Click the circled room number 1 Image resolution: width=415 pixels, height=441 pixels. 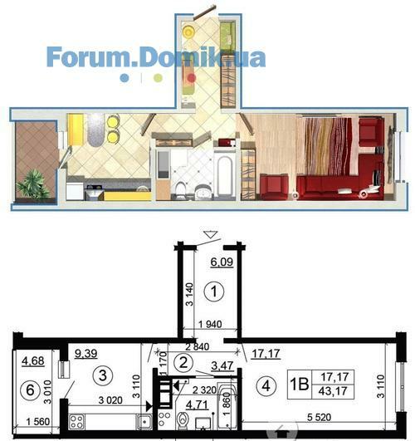pos(214,292)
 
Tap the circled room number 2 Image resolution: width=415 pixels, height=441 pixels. pos(183,362)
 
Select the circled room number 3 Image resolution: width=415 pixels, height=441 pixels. pos(103,375)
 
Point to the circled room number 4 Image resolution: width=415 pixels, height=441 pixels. pos(266,386)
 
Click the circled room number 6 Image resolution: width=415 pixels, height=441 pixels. pos(30,390)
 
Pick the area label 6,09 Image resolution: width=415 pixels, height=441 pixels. pos(222,262)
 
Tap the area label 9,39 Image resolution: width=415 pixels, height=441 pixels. pos(86,353)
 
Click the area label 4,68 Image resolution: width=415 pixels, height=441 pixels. pos(33,360)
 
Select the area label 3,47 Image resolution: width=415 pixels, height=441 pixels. pos(222,365)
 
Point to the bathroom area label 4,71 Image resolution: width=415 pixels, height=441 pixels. pos(198,404)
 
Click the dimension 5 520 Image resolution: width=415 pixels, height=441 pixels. pos(319,417)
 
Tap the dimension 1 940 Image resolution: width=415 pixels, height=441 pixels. pos(210,324)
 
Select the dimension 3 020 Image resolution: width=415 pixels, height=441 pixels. pos(110,400)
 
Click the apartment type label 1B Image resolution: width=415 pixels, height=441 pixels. pos(299,385)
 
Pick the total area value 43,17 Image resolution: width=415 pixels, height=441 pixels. pos(333,391)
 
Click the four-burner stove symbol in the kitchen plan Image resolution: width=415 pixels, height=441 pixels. pos(76,422)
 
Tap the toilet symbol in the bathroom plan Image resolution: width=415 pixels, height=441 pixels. pos(183,421)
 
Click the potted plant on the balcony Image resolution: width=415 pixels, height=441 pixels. pos(34,184)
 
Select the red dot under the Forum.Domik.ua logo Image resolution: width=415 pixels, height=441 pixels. pos(192,77)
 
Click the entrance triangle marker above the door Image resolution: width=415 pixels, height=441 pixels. pos(210,234)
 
